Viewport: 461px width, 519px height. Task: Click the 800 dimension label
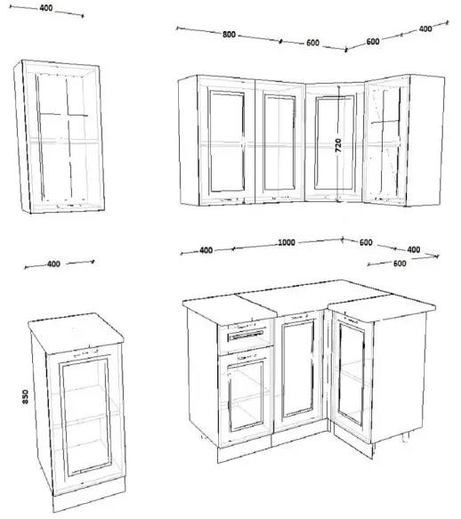[x=229, y=34]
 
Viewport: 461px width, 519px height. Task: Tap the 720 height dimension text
[x=338, y=145]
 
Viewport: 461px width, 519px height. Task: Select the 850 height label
[x=25, y=396]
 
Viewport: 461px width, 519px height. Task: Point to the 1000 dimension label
[x=287, y=242]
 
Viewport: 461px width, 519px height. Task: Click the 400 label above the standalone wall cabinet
[x=46, y=8]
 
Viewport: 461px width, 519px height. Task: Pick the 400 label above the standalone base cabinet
[x=53, y=264]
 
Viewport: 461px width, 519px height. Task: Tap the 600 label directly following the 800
[x=312, y=43]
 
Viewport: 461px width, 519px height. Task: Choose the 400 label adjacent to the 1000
[x=206, y=250]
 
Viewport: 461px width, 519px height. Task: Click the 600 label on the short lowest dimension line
[x=400, y=264]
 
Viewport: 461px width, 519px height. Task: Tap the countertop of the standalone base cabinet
[x=76, y=328]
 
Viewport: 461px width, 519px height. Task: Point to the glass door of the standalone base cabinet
[x=85, y=417]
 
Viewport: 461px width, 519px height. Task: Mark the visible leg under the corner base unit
[x=406, y=437]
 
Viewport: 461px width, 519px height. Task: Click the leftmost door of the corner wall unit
[x=227, y=141]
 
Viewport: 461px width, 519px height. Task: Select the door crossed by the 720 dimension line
[x=335, y=143]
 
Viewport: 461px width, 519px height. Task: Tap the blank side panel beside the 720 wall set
[x=425, y=141]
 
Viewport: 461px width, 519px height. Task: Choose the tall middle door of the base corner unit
[x=298, y=371]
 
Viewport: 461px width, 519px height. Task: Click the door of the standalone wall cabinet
[x=63, y=136]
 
